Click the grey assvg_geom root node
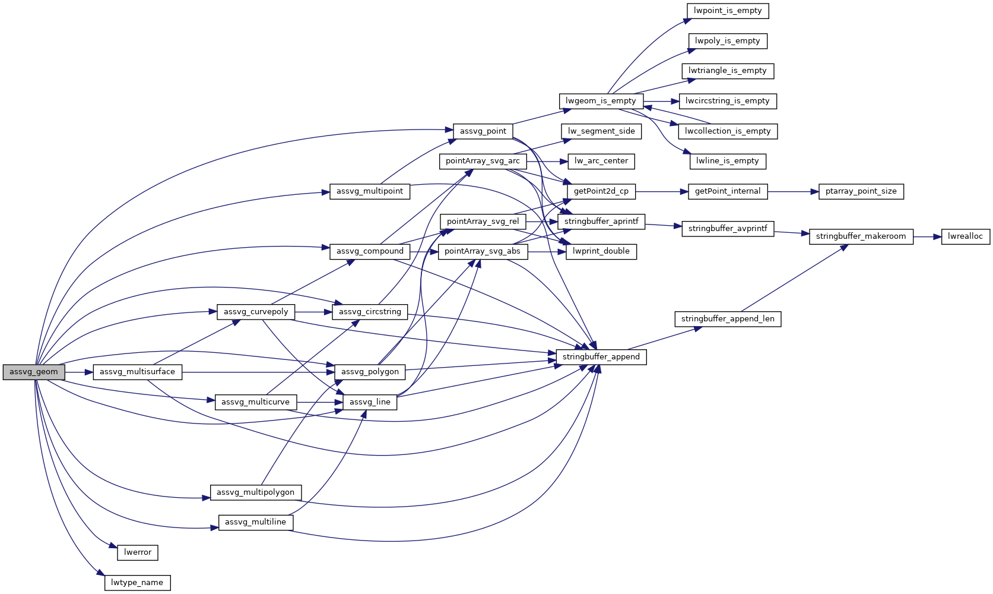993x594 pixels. coord(34,372)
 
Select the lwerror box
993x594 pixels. coord(138,552)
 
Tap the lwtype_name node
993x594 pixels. coord(137,583)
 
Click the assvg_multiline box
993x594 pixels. coord(256,522)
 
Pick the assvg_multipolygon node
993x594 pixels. coord(256,492)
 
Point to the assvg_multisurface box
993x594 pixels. coord(137,372)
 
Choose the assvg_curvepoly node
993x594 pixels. coord(256,312)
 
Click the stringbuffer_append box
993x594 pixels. coord(601,357)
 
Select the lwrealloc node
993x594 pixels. coord(965,236)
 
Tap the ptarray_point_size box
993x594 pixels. coord(861,191)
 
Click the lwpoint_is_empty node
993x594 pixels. coord(727,11)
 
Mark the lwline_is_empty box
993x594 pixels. coord(727,161)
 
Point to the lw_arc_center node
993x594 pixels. coord(601,161)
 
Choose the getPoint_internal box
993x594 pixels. coord(727,191)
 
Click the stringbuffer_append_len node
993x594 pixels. coord(727,319)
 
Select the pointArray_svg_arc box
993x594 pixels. coord(483,161)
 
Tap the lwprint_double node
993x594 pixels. coord(601,251)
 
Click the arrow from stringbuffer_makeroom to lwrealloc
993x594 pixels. coord(927,236)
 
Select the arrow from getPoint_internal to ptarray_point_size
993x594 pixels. coord(793,191)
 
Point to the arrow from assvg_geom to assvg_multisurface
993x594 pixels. coord(79,372)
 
